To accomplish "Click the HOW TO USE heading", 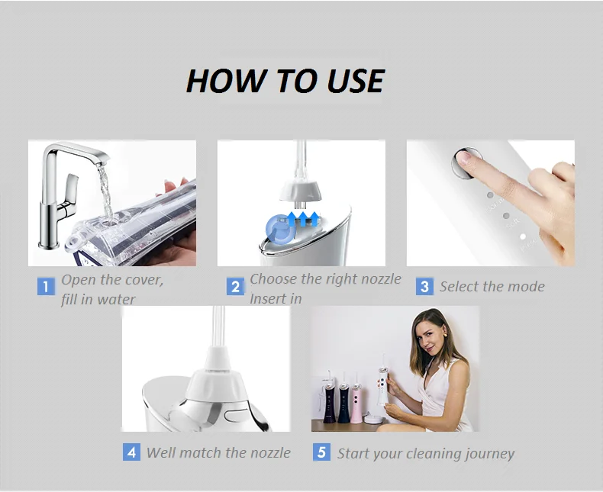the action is [285, 81].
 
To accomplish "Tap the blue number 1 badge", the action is [46, 286].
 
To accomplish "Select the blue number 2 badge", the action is [235, 286].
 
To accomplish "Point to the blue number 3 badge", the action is [424, 286].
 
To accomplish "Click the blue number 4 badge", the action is [131, 452].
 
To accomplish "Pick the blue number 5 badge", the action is [321, 452].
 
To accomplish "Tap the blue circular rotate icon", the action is [280, 229].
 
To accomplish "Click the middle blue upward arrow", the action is [304, 218].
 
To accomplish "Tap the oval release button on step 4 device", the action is [234, 415].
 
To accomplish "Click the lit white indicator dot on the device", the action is [523, 236].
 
